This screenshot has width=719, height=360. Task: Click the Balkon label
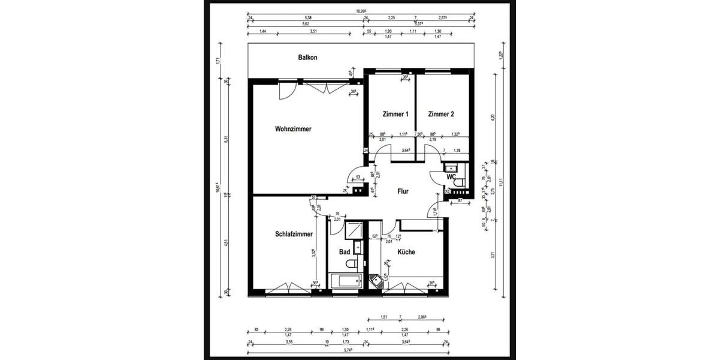[307, 58]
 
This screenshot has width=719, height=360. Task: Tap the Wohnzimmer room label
[293, 128]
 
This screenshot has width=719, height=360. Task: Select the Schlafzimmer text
[294, 234]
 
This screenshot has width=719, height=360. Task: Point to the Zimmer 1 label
[395, 114]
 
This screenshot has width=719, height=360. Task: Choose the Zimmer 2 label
[441, 114]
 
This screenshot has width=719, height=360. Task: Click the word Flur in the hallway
[403, 192]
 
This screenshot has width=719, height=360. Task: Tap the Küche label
[406, 252]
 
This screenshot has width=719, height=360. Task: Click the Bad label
[344, 252]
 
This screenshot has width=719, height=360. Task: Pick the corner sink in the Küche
[376, 281]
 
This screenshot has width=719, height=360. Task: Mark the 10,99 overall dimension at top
[361, 11]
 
